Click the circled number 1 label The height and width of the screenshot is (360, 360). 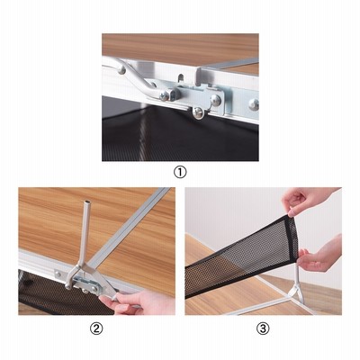click(180, 173)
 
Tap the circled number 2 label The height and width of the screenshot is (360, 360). click(96, 328)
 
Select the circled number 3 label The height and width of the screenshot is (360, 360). click(263, 328)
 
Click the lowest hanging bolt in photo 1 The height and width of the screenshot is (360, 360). click(198, 112)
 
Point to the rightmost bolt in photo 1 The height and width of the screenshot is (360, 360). click(254, 104)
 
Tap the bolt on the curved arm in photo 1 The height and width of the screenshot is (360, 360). click(121, 70)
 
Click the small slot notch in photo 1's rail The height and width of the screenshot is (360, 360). click(181, 79)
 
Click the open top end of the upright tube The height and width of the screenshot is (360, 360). click(86, 202)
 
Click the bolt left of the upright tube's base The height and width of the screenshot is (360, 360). click(58, 274)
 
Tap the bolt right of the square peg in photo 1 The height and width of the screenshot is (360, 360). click(215, 100)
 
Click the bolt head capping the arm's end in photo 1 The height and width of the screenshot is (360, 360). click(164, 96)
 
